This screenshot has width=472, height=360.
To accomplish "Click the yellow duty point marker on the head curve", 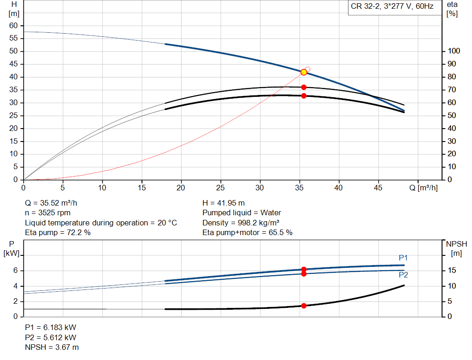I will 304,72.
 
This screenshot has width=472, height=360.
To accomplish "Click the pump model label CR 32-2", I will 366,7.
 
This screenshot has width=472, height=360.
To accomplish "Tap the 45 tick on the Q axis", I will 379,188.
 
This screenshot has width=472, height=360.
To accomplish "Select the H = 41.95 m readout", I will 224,203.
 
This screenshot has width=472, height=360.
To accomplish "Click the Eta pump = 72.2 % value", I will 58,233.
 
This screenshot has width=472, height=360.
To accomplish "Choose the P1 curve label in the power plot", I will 403,258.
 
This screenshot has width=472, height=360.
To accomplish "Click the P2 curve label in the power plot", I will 403,275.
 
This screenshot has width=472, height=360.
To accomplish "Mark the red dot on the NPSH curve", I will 304,306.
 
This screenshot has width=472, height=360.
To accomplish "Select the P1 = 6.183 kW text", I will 50,327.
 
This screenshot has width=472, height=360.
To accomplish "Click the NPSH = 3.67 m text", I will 52,347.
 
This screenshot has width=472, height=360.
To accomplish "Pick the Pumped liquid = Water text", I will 242,213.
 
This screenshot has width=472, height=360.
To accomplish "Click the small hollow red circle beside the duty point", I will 308,69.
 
